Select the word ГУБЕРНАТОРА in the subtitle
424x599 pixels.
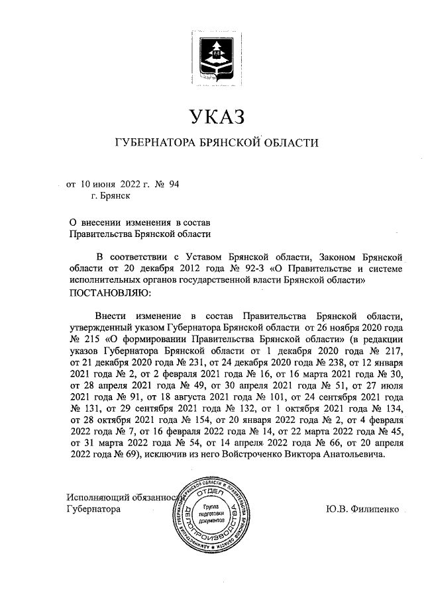pos(154,143)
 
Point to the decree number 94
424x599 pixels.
pos(174,184)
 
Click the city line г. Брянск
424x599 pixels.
pos(111,196)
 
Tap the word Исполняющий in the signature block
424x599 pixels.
pos(97,498)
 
